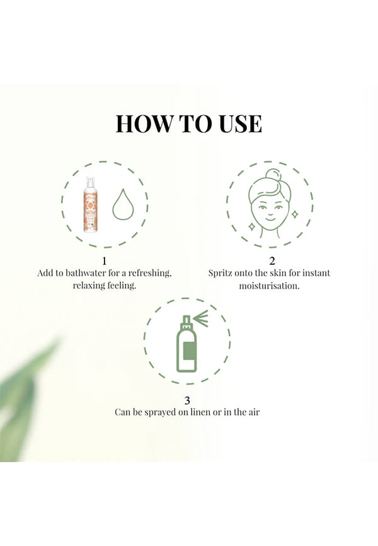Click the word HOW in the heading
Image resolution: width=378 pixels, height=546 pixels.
tap(144, 124)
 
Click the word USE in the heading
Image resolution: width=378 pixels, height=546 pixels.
tap(241, 124)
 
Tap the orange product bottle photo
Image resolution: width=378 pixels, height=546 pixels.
tap(89, 204)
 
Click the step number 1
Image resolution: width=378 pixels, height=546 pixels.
tap(104, 260)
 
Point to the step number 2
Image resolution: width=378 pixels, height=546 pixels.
tap(272, 260)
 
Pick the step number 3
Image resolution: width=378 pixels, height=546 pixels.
tap(187, 400)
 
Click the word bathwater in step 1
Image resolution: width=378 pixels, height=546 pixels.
tap(85, 272)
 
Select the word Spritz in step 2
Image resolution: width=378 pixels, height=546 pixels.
tap(220, 273)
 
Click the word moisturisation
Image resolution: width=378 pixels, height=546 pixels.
tap(269, 286)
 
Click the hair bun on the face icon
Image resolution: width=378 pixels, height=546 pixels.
tap(272, 176)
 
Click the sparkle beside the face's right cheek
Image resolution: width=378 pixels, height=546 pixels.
tap(294, 214)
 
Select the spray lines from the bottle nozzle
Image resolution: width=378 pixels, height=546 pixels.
tap(201, 317)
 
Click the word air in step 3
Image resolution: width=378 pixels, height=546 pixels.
tap(254, 412)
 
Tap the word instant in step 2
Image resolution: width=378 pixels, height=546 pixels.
tap(316, 272)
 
